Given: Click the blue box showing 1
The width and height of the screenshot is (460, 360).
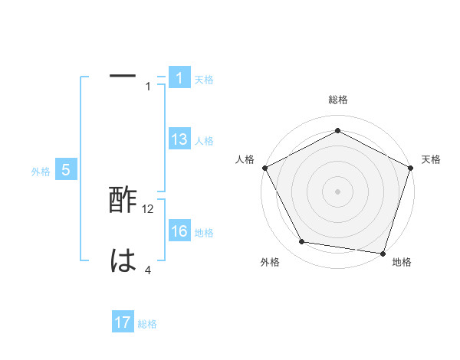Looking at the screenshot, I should (179, 78).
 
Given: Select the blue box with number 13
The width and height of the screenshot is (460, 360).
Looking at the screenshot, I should (179, 139).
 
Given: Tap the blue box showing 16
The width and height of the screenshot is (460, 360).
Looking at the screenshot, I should (179, 231).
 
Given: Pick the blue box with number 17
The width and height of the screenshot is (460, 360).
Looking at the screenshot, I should (123, 322).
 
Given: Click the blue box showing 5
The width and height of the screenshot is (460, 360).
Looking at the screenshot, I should (66, 170).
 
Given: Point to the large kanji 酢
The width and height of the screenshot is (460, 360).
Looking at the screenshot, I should (123, 201).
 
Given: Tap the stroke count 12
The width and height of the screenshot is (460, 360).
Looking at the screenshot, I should (149, 208).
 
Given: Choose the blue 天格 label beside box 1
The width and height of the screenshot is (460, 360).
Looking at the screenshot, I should (204, 80).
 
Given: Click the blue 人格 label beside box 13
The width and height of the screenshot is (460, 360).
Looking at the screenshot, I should (204, 141).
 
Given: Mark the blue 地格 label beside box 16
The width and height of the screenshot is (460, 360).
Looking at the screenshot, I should (204, 233).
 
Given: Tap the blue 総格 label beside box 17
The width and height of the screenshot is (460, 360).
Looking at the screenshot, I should (147, 324).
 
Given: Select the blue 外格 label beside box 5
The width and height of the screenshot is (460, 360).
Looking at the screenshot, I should (41, 172).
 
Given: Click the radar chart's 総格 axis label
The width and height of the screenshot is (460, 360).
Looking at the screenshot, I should (337, 100).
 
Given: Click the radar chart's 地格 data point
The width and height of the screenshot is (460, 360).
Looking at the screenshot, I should (383, 253).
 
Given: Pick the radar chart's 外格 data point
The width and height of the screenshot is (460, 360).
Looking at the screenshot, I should (302, 242).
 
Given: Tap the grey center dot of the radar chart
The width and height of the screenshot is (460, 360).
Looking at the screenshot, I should (337, 191).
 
